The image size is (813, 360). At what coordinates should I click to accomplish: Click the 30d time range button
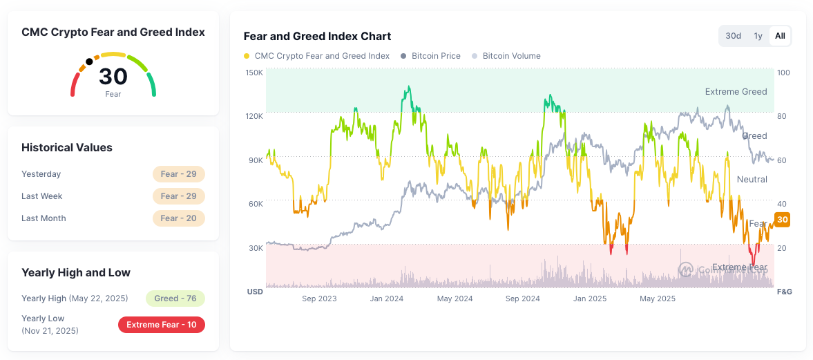point(733,36)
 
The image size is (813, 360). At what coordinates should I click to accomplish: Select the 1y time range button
point(758,36)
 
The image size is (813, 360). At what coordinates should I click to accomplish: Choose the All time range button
point(780,36)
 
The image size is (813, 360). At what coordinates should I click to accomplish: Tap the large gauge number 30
point(113,77)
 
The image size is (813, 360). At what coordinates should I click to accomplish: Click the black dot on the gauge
point(90,61)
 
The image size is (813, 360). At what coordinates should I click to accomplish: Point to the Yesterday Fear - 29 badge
point(179,173)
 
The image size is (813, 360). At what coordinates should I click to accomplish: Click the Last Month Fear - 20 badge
point(179,218)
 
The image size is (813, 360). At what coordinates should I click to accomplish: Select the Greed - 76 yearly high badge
point(175,299)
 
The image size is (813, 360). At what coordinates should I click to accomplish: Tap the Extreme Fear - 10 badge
point(162,325)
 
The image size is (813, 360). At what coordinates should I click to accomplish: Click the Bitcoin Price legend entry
point(430,56)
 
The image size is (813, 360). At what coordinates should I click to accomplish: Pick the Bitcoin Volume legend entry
point(506,56)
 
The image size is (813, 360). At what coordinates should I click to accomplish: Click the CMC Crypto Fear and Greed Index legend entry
point(317,56)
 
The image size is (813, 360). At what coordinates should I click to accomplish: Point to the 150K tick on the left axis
point(254,73)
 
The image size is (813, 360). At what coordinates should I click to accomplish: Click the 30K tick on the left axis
point(255,248)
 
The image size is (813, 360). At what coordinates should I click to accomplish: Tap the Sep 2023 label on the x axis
point(319,299)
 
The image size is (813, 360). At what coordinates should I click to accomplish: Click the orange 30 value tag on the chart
point(783,220)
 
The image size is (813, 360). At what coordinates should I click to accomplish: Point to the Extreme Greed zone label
point(736,92)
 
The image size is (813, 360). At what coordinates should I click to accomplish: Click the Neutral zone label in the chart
point(752,180)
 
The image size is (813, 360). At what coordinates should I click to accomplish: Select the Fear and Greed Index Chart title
point(317,37)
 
